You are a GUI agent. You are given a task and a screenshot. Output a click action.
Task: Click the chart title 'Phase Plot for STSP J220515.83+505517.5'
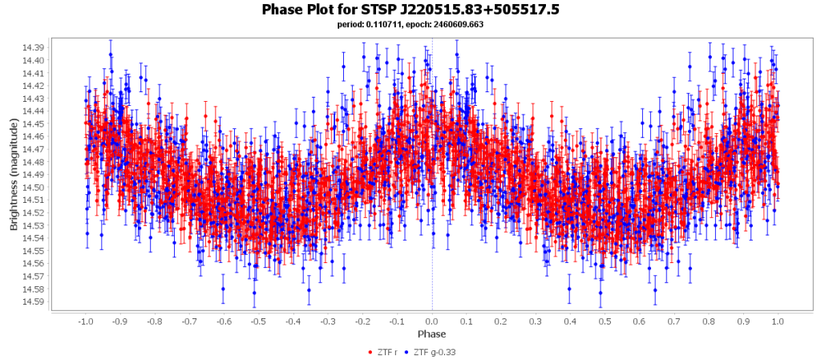(x=410, y=10)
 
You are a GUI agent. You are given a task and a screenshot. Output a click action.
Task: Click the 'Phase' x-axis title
(x=432, y=334)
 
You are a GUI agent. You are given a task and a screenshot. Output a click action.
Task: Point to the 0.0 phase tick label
(x=432, y=321)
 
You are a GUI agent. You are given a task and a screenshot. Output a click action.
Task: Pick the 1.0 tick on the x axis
(x=778, y=321)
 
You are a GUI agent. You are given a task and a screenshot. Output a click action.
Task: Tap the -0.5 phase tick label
(x=257, y=321)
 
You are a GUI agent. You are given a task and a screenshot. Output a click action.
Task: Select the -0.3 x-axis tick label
(x=327, y=321)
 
